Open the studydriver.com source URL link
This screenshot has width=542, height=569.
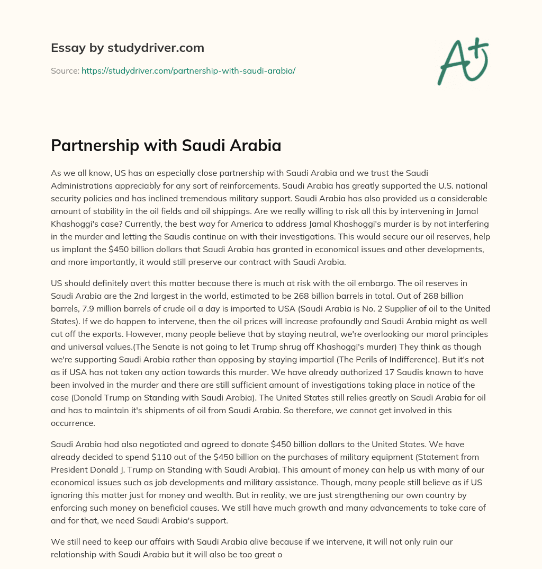click(188, 70)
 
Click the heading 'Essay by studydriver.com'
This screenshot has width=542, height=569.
click(127, 48)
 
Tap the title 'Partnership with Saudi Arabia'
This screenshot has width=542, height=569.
click(166, 145)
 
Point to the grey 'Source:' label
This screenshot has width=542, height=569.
click(65, 70)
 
